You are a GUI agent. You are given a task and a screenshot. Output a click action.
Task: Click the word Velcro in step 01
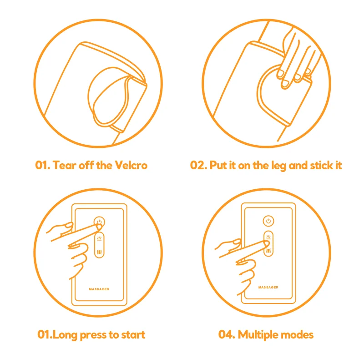tap(131, 165)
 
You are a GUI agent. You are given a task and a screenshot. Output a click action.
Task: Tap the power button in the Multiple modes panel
tap(268, 221)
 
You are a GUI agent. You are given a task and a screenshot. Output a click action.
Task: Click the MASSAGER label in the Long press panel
tap(99, 289)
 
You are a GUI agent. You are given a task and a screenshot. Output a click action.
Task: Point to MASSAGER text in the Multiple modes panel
tap(268, 287)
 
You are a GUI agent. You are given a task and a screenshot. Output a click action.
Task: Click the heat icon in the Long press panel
tap(99, 238)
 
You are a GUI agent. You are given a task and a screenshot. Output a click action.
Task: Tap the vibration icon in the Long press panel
tap(99, 252)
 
